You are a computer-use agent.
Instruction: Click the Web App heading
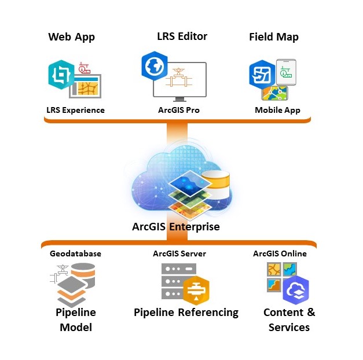click(71, 37)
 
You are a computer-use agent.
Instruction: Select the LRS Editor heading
click(182, 36)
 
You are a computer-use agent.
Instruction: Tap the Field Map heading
click(273, 37)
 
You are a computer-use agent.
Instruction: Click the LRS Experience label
click(75, 110)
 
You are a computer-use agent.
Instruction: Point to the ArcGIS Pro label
click(179, 110)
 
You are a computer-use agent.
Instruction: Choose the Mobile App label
click(277, 110)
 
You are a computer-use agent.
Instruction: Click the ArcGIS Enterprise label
click(176, 226)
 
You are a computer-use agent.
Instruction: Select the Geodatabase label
click(75, 254)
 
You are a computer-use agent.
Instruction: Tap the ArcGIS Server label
click(179, 254)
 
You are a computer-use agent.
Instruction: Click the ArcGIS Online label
click(280, 254)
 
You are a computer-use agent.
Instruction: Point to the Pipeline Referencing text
click(186, 313)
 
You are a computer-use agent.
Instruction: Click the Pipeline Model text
click(75, 319)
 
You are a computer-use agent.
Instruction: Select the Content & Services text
click(289, 319)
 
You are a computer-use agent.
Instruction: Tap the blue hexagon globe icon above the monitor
click(155, 65)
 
